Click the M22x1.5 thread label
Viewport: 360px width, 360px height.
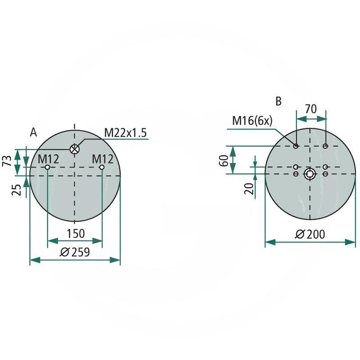pos(126,133)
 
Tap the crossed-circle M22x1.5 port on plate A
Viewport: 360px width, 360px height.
pos(75,149)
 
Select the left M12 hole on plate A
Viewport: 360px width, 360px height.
pos(47,167)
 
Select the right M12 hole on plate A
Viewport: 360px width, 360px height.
pos(102,167)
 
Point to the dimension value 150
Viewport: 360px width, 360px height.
pos(75,234)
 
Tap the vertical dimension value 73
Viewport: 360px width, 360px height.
pos(6,161)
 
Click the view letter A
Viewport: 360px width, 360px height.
pos(33,132)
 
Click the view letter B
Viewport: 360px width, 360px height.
pos(279,101)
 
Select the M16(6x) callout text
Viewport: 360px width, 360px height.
pos(252,121)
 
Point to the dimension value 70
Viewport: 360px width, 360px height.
pos(310,109)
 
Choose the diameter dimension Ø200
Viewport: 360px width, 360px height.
pos(310,234)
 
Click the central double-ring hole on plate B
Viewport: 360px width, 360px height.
pos(310,174)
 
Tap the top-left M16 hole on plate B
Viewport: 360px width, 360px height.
pos(296,146)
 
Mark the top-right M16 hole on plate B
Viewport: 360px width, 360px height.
pos(325,146)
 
